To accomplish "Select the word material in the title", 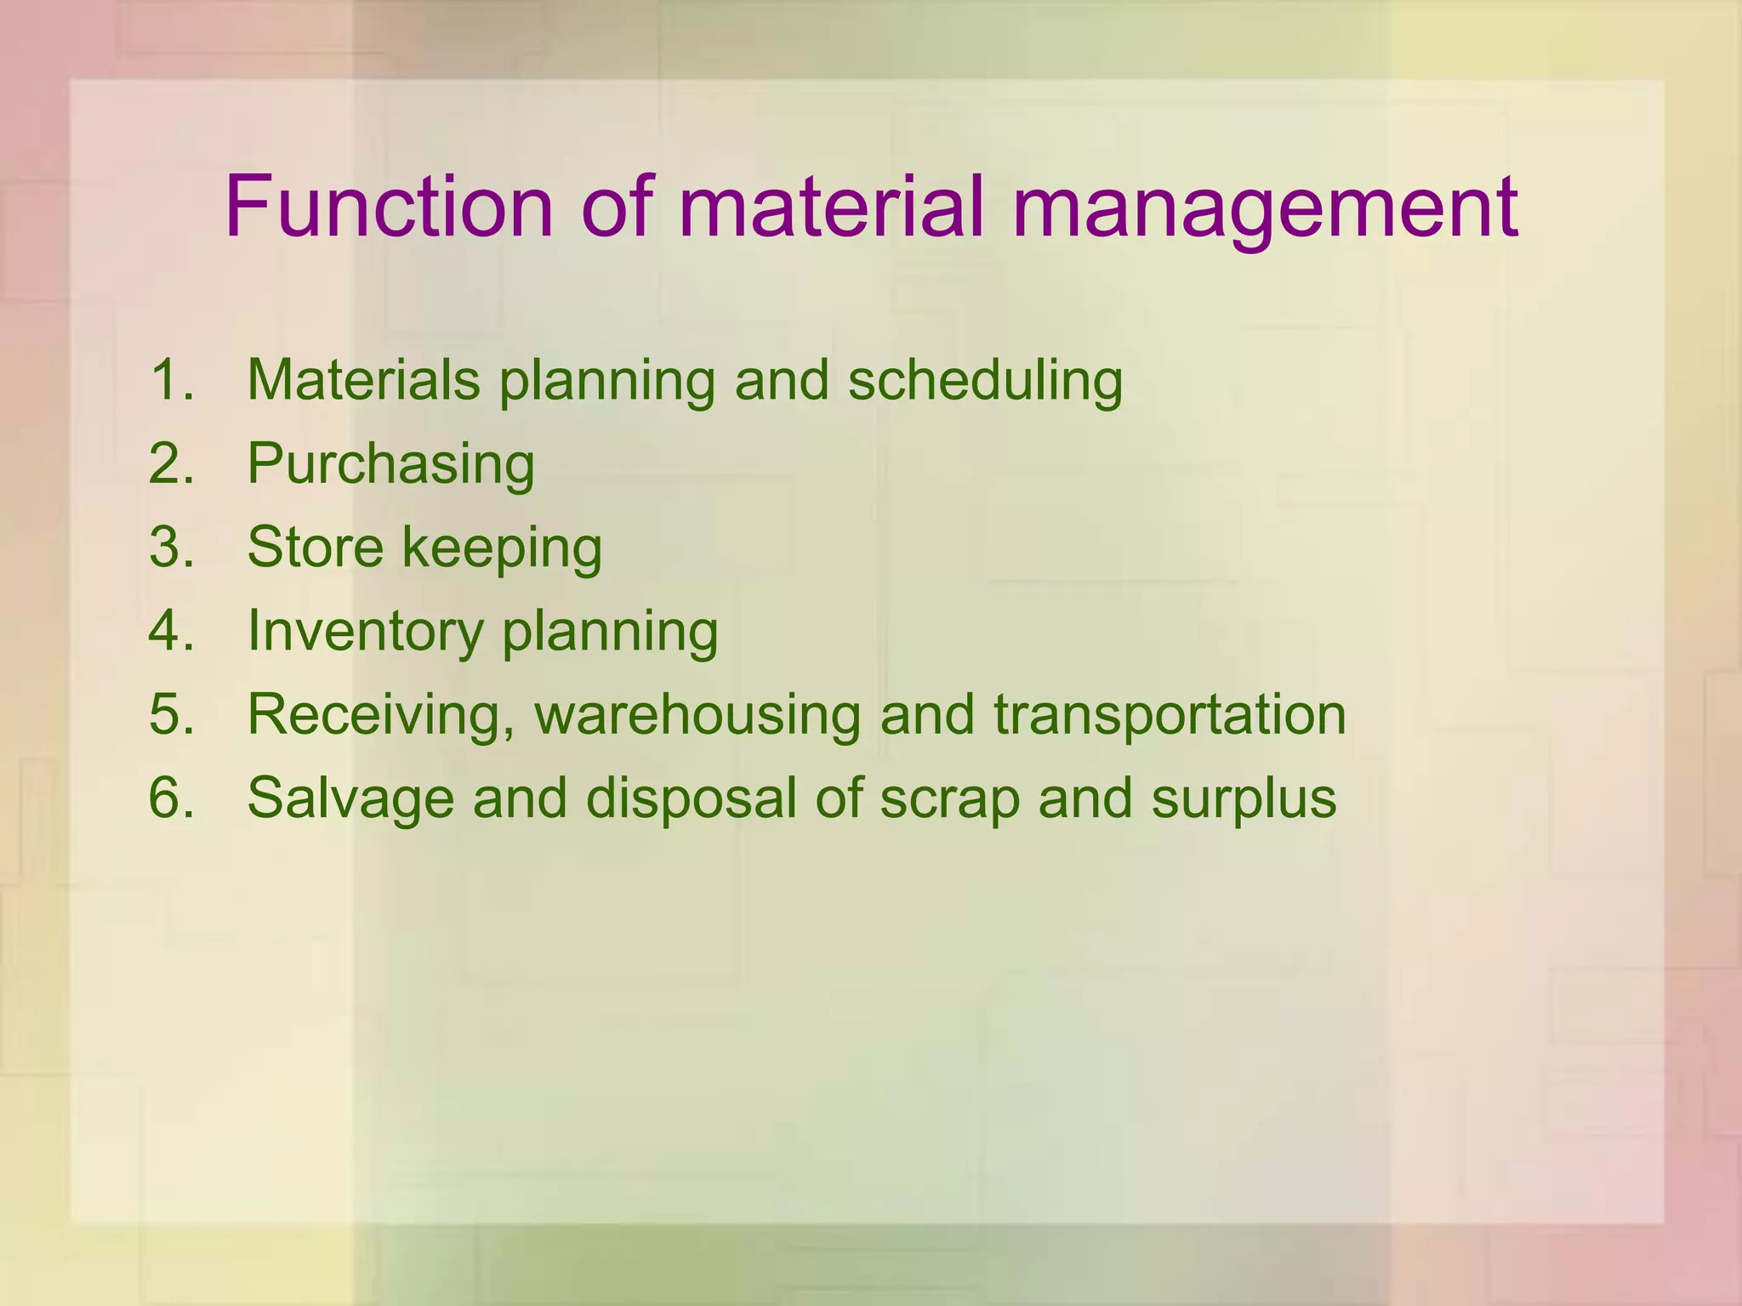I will (x=832, y=207).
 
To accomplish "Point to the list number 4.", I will (x=171, y=631).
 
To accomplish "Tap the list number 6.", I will (x=171, y=798).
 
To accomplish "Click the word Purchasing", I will (x=391, y=465).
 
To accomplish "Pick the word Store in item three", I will (x=316, y=547).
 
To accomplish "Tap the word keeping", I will (x=502, y=548).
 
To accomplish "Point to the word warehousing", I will (x=697, y=714).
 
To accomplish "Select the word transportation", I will (x=1170, y=716).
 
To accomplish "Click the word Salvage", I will (x=350, y=799).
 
